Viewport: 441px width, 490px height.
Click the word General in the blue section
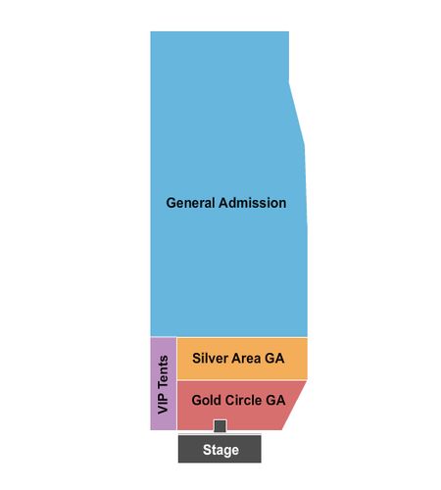[x=190, y=203]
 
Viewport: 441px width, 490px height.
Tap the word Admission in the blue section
[x=252, y=203]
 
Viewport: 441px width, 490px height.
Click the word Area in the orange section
[x=244, y=358]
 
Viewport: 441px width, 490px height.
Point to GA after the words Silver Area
[x=274, y=358]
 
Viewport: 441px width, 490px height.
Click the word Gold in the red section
[x=204, y=400]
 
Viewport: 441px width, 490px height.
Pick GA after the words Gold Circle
[x=276, y=400]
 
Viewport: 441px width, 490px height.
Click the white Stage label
[x=220, y=450]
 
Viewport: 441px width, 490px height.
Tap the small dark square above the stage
[x=220, y=426]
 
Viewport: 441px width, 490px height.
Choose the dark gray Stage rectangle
[x=220, y=449]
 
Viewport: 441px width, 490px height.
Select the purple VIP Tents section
[x=164, y=383]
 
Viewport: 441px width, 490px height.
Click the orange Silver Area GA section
[x=242, y=359]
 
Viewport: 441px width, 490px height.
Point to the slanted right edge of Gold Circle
[x=294, y=406]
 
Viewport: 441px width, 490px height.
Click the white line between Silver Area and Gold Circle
[x=242, y=380]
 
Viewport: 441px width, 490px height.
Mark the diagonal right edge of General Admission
[x=297, y=115]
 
